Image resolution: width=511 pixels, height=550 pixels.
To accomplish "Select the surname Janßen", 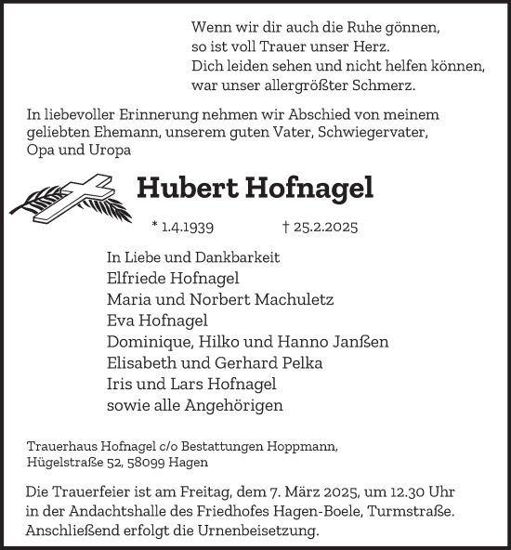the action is click(359, 342).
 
